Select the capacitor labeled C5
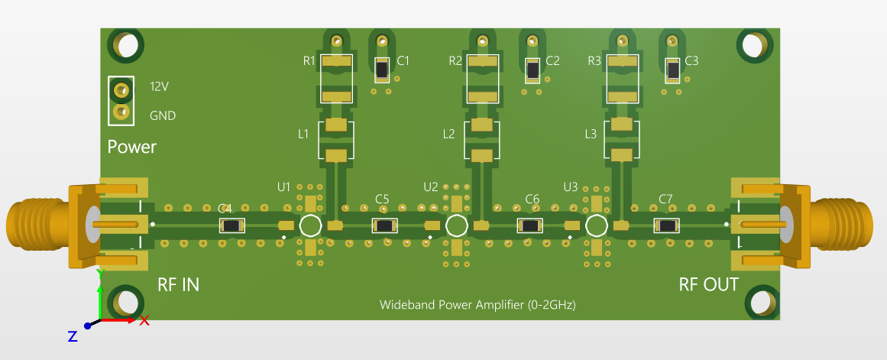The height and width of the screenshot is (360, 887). click(x=384, y=225)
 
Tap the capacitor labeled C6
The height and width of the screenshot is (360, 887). click(x=530, y=225)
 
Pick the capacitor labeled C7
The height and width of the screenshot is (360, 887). click(x=667, y=225)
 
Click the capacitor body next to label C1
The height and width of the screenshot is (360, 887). click(x=381, y=70)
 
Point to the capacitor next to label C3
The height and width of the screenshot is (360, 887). click(x=672, y=70)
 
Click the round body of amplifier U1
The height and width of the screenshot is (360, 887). click(x=310, y=225)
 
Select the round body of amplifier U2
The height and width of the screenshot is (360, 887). click(x=456, y=225)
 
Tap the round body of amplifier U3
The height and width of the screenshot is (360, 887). click(x=596, y=225)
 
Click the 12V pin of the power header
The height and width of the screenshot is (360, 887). click(x=120, y=90)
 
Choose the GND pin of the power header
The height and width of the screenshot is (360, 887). click(x=120, y=113)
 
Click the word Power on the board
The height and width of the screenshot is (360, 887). click(x=131, y=147)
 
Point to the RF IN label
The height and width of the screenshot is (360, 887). click(x=178, y=285)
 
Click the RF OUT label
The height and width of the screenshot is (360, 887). click(x=708, y=285)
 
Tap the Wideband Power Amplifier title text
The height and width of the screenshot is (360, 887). click(x=477, y=305)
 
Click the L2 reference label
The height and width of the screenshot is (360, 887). click(x=449, y=135)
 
